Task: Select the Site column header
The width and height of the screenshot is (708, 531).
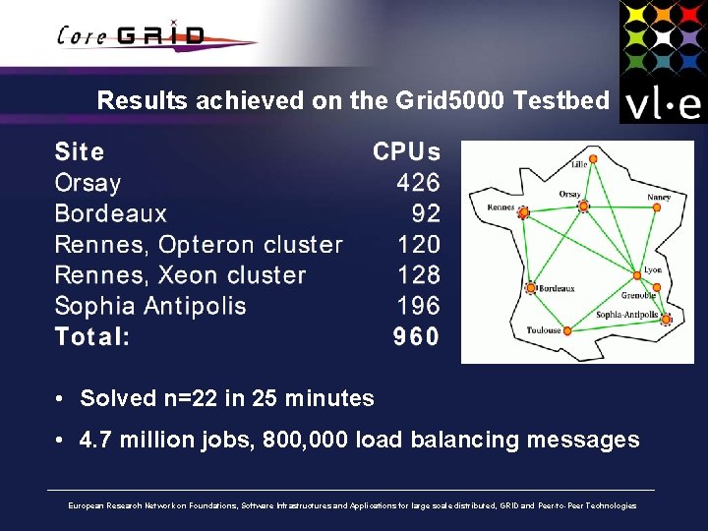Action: (80, 152)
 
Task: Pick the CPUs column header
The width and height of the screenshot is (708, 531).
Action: (406, 152)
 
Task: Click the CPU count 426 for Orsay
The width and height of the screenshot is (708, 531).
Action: (418, 183)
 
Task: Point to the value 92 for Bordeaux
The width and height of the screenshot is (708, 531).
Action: (426, 213)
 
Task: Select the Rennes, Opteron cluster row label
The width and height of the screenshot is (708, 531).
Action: (199, 245)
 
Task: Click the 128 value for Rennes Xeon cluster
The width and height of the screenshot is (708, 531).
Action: (418, 275)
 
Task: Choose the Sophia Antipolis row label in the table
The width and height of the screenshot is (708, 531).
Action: (150, 306)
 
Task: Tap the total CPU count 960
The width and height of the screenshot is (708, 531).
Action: (416, 337)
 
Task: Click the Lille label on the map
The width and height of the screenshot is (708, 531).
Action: (579, 165)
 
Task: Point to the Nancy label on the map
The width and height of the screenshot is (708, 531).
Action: (659, 197)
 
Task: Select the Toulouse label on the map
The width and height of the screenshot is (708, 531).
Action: (544, 330)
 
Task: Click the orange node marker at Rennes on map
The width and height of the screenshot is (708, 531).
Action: (523, 212)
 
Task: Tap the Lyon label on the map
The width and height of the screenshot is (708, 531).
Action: (652, 270)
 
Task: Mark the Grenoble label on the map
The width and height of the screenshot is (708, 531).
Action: (638, 295)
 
